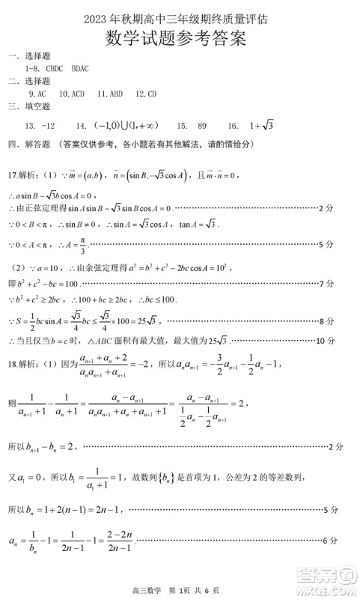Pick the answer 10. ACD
coord(72,94)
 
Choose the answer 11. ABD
coord(111,94)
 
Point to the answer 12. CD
coord(147,94)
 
